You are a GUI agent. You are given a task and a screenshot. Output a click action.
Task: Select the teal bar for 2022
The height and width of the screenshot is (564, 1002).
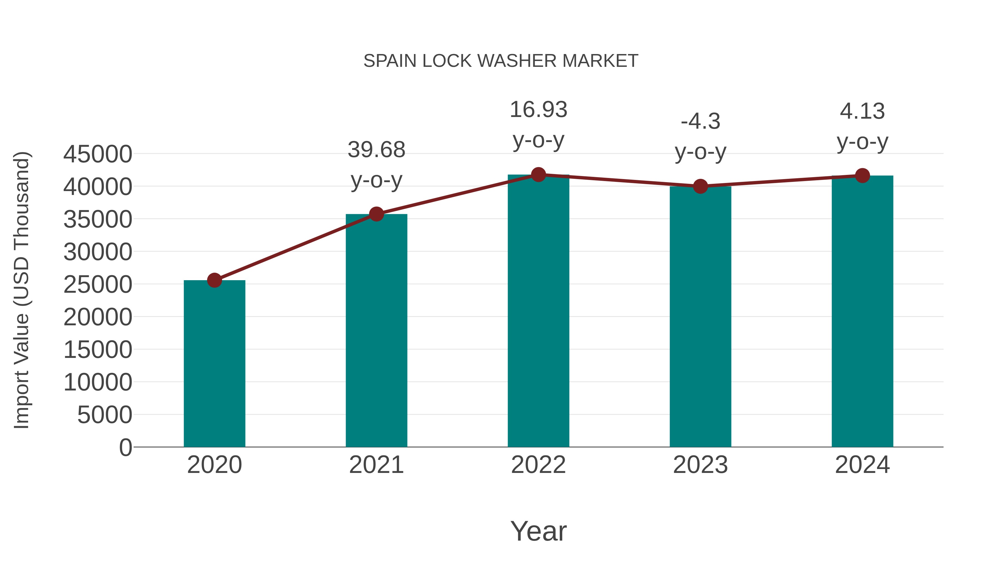538,311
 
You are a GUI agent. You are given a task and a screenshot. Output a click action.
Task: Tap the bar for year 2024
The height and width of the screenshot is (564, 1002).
862,311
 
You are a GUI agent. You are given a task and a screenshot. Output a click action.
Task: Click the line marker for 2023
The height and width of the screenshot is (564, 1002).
700,186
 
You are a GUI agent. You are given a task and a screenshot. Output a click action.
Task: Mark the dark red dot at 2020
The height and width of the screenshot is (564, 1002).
214,280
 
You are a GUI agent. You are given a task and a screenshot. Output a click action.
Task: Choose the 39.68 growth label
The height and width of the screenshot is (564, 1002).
376,150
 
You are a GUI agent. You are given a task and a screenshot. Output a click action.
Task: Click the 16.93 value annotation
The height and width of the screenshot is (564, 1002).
538,110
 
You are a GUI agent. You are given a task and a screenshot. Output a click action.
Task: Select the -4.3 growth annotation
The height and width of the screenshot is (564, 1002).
700,122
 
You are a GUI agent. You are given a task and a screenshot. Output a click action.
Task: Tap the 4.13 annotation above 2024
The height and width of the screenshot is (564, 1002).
862,112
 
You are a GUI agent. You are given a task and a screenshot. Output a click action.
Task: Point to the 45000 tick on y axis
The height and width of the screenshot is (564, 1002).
98,154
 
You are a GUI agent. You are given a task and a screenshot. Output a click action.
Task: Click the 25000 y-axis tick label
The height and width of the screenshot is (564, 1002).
98,285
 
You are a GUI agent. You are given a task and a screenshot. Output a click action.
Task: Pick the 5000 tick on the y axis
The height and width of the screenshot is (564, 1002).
105,415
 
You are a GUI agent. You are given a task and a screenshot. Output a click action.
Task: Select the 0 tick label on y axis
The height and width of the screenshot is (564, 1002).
125,447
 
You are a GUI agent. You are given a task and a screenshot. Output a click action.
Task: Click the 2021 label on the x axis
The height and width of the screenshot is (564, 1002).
376,465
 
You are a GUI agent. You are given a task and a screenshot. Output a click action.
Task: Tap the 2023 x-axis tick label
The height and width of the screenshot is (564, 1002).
700,465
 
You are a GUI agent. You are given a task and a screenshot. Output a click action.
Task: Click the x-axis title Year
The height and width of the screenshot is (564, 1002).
538,531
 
